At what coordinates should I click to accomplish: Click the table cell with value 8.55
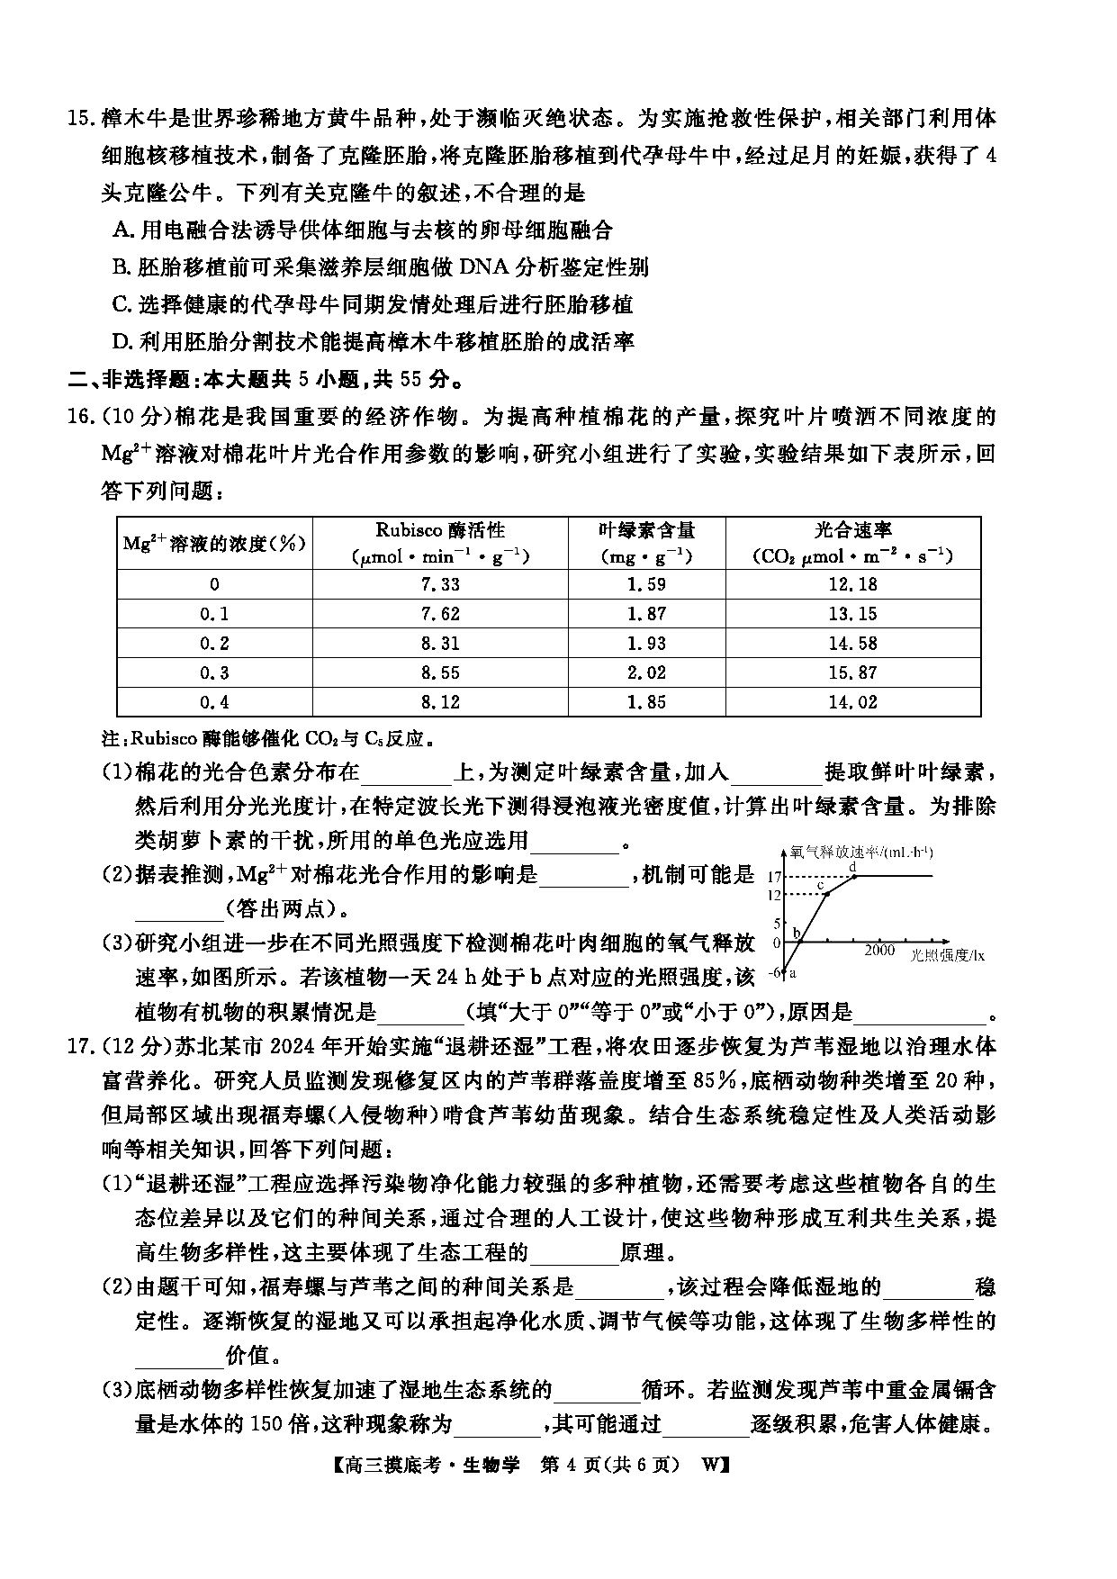pos(440,672)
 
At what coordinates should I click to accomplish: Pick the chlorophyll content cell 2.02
pos(646,672)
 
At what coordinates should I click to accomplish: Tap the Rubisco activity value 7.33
pos(440,584)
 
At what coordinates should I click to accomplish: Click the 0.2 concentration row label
pos(214,643)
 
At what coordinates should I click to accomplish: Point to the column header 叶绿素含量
pos(646,531)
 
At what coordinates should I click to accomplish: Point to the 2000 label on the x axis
pos(879,951)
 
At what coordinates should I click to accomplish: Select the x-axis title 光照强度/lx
pos(947,954)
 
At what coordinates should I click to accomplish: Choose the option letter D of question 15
pos(121,342)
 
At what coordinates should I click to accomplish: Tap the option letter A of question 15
pos(121,230)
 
